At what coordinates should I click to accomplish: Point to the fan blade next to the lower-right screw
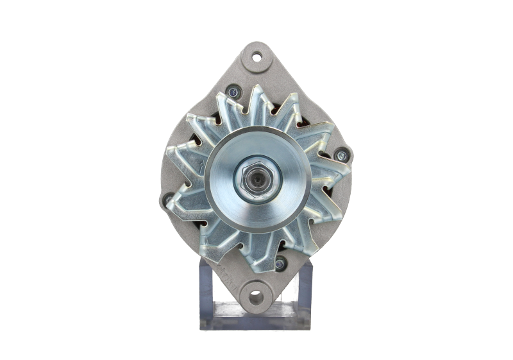(x=282, y=247)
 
